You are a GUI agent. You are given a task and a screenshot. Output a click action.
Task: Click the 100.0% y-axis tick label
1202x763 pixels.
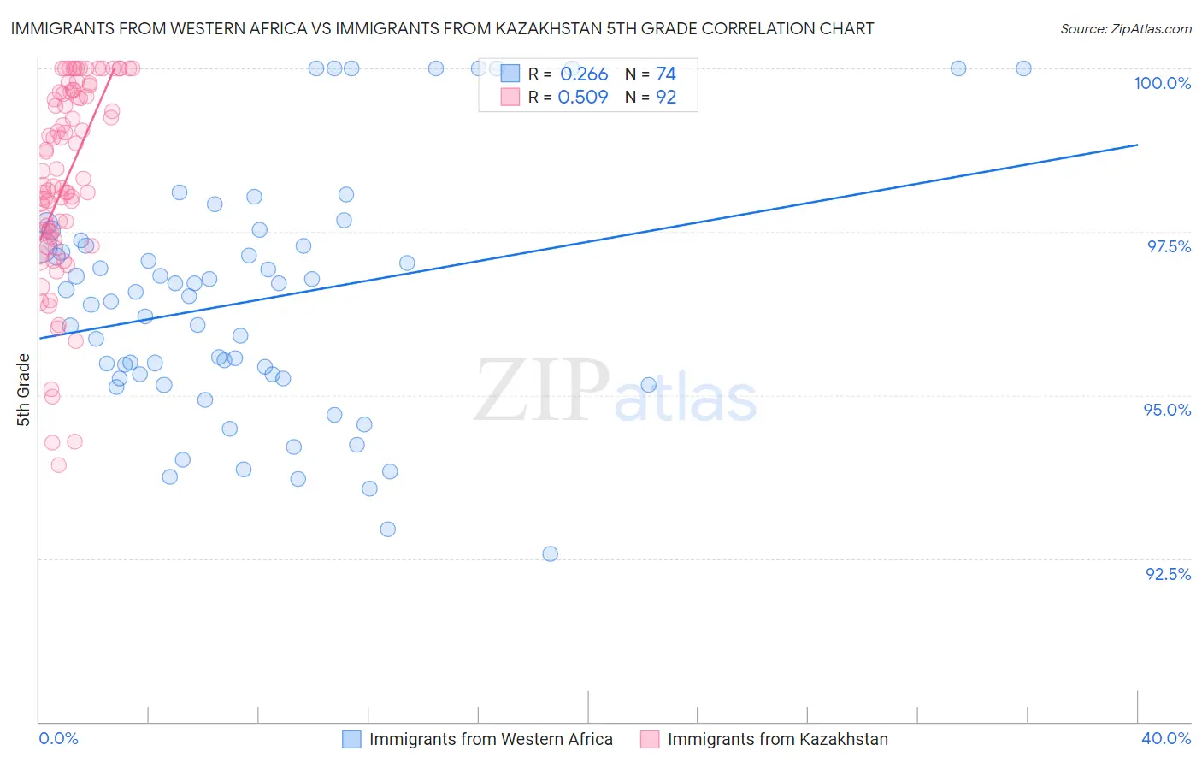click(1162, 83)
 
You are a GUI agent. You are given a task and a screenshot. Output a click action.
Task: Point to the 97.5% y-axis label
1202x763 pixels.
click(1169, 246)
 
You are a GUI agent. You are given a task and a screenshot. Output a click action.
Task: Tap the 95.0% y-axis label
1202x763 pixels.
click(1167, 410)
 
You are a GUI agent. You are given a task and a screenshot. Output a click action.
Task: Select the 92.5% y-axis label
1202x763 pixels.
click(1168, 574)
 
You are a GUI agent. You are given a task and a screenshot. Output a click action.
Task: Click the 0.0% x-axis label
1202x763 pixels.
click(58, 738)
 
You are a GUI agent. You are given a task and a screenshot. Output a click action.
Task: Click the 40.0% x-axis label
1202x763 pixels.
click(1166, 738)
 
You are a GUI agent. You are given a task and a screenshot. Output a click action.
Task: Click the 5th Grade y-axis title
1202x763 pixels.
click(23, 389)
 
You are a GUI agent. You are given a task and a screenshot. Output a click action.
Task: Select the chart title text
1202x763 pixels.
click(442, 28)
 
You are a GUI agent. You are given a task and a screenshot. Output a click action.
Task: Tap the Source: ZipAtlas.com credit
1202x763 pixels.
click(1125, 29)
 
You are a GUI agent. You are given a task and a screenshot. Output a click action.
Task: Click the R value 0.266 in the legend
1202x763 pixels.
click(584, 74)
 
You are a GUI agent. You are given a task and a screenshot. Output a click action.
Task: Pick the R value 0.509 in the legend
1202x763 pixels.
click(583, 98)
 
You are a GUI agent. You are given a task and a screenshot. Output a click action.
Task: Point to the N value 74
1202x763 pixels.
click(666, 74)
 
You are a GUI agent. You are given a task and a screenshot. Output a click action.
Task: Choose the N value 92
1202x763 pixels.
click(666, 98)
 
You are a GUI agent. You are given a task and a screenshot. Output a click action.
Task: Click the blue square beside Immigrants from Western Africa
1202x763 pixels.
click(351, 739)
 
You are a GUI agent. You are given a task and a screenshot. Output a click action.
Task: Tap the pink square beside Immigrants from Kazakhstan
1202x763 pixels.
click(650, 739)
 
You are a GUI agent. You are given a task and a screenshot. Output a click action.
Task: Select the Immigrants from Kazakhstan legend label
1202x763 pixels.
click(777, 739)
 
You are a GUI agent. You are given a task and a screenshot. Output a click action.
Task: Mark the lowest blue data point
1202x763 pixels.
click(551, 553)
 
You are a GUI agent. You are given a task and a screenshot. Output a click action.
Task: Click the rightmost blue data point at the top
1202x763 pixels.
click(1023, 68)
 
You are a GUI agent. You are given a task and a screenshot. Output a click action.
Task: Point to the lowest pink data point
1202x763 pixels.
click(59, 465)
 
